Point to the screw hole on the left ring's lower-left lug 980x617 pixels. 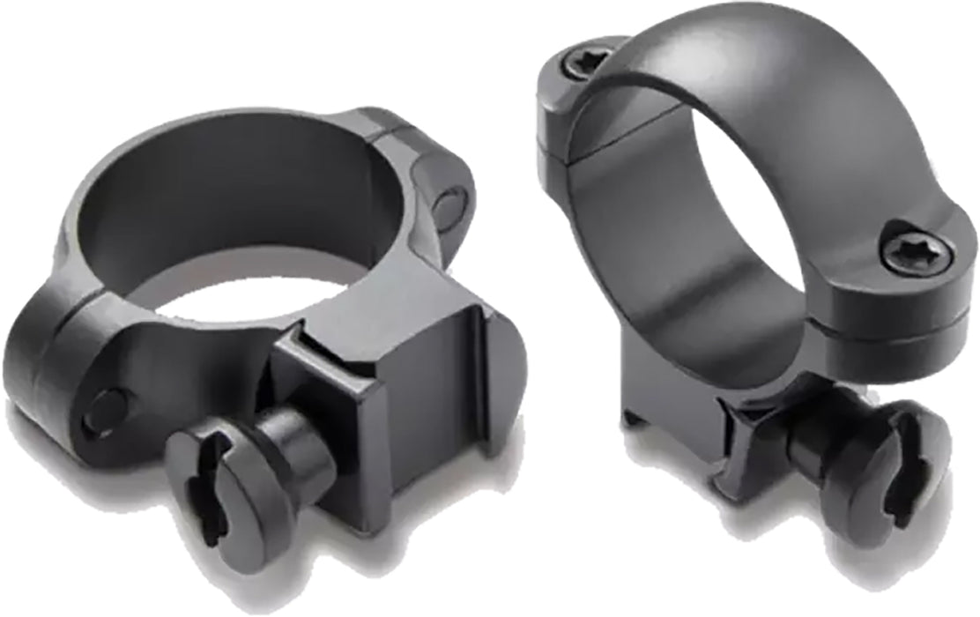[106, 411]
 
